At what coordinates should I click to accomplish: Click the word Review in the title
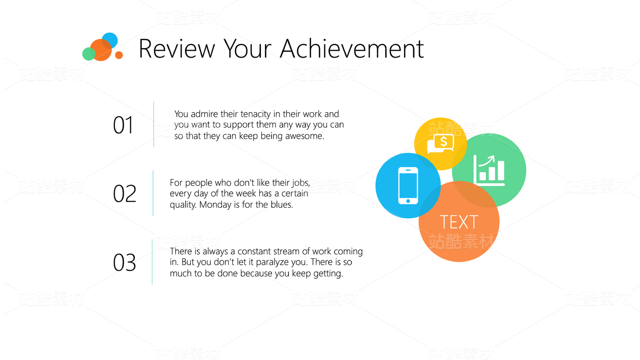[x=177, y=49]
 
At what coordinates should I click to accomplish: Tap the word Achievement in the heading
[x=352, y=49]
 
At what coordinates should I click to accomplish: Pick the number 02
[x=125, y=193]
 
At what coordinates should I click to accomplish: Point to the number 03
[x=125, y=262]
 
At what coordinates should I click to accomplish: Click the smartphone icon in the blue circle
[x=408, y=186]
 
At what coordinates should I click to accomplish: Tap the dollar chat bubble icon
[x=440, y=144]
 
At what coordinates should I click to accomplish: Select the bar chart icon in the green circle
[x=489, y=170]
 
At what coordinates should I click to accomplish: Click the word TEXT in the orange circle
[x=459, y=222]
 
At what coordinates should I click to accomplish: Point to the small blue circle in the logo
[x=110, y=40]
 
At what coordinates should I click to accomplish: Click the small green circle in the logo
[x=89, y=54]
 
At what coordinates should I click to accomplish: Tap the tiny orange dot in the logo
[x=119, y=55]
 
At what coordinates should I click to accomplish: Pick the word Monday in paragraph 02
[x=211, y=205]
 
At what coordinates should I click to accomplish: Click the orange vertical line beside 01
[x=153, y=124]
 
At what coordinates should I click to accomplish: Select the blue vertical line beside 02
[x=153, y=193]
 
